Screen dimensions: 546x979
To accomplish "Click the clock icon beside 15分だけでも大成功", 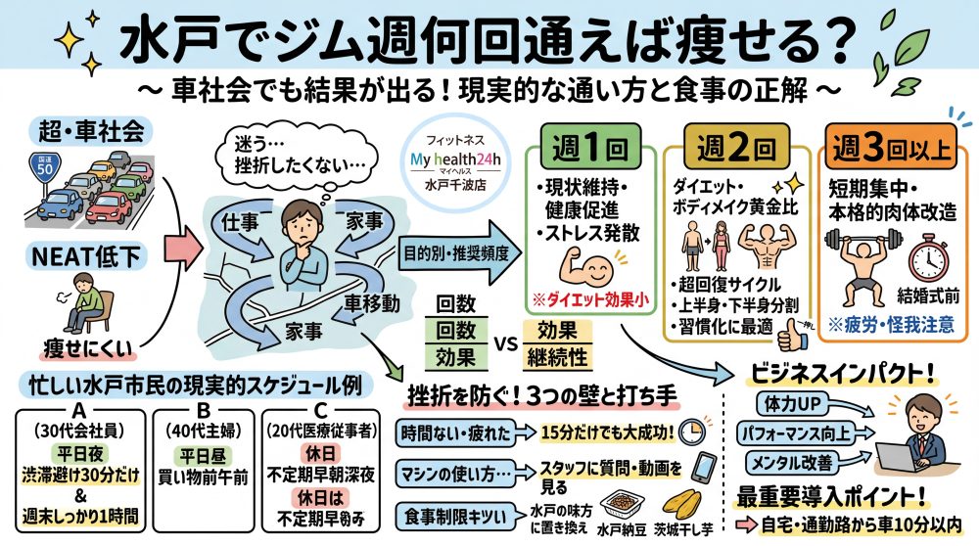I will point(693,431).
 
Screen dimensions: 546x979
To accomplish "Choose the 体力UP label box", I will point(790,403).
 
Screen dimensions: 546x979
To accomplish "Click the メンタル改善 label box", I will point(791,461).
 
